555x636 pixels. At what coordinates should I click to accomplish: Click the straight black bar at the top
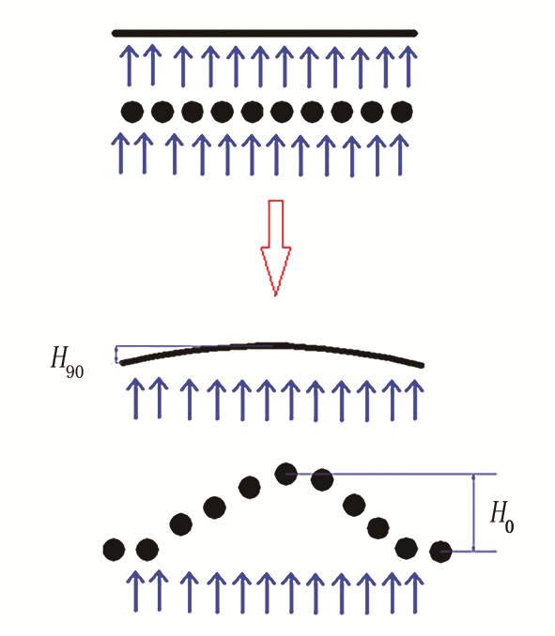[x=265, y=33]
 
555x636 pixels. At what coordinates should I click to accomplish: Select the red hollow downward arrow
[x=276, y=248]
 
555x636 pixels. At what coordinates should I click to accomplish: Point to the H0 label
[x=502, y=517]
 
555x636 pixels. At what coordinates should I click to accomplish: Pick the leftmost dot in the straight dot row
[x=132, y=112]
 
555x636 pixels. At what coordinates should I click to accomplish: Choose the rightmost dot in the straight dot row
[x=402, y=112]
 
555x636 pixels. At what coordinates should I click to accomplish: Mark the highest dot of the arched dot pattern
[x=285, y=474]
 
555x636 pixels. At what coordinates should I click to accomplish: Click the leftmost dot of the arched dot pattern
[x=114, y=550]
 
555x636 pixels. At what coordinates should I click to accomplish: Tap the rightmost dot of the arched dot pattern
[x=441, y=552]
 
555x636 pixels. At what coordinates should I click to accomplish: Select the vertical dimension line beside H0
[x=473, y=513]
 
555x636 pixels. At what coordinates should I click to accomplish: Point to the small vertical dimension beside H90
[x=117, y=355]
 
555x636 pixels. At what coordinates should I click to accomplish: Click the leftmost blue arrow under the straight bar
[x=130, y=66]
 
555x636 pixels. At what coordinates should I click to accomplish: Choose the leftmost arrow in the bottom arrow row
[x=135, y=591]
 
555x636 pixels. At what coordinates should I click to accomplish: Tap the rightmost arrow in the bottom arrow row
[x=415, y=592]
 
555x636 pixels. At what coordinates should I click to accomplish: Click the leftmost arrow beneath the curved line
[x=135, y=399]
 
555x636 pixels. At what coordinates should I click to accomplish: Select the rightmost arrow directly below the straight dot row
[x=399, y=155]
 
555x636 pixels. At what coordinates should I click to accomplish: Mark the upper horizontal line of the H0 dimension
[x=392, y=474]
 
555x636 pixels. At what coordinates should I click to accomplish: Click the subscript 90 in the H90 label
[x=75, y=371]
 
